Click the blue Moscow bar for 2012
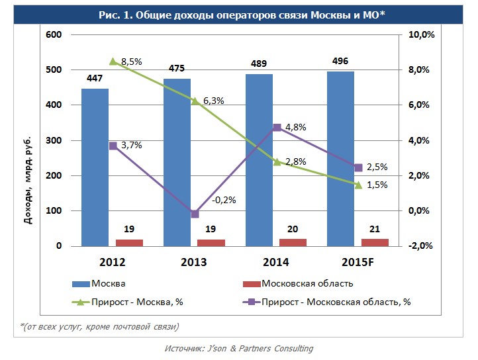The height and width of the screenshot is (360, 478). [95, 167]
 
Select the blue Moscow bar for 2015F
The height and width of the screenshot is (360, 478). [340, 159]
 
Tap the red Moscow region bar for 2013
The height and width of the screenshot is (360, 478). [211, 242]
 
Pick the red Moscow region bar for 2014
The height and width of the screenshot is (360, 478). [293, 242]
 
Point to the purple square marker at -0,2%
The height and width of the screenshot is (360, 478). [195, 214]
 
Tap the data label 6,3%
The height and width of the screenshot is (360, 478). [213, 101]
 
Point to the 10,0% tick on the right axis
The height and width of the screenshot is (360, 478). [421, 34]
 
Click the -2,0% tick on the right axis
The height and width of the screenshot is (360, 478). [421, 246]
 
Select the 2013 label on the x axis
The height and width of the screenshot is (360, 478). [193, 262]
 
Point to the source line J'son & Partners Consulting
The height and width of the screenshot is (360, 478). [238, 348]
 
